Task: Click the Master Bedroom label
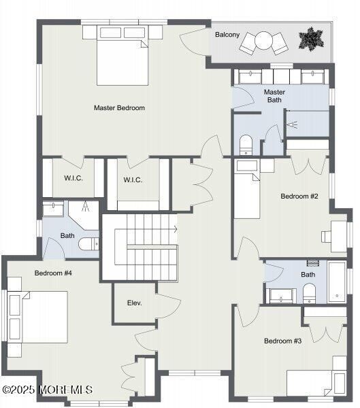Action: click(x=119, y=107)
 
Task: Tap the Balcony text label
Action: click(x=227, y=34)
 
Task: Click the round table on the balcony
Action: click(x=265, y=42)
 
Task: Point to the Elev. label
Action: click(x=134, y=303)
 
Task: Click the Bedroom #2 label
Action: click(x=299, y=197)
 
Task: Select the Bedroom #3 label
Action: click(x=282, y=341)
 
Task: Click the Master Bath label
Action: click(x=274, y=97)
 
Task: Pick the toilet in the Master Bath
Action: click(x=246, y=145)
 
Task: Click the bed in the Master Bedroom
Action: click(x=121, y=60)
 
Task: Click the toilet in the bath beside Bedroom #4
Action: click(x=88, y=245)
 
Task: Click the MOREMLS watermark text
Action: click(x=48, y=390)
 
